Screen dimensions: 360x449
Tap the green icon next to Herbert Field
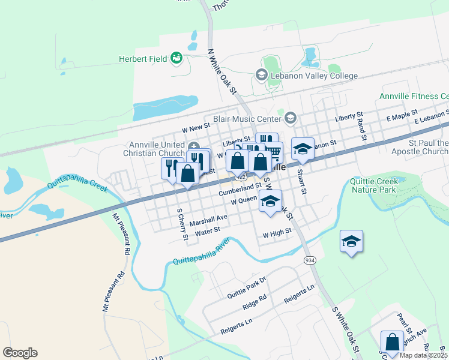click(x=176, y=58)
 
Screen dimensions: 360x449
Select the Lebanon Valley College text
click(x=313, y=76)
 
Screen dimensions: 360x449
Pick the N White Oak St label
click(x=221, y=71)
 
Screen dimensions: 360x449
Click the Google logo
click(x=20, y=353)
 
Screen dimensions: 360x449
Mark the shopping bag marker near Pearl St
click(x=392, y=342)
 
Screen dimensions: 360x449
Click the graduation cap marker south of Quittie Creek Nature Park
click(x=351, y=242)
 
